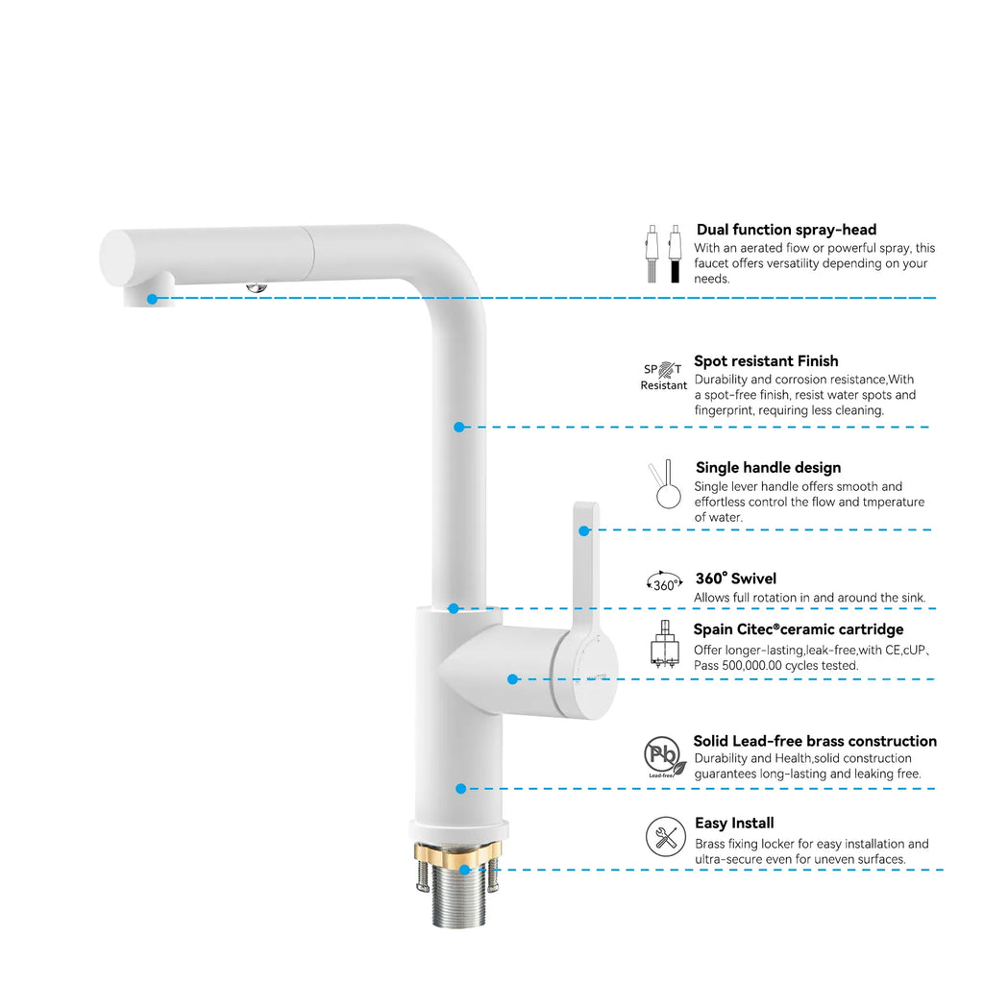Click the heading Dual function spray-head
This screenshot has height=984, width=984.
pos(786,230)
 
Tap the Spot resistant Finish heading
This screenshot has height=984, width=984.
pos(766,361)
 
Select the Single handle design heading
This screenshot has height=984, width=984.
pos(768,468)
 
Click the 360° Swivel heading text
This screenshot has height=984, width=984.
pos(735,578)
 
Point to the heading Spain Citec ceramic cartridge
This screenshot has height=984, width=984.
pos(798,629)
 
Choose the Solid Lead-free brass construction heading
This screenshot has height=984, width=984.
pos(815,741)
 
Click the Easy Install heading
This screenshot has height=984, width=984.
pos(734,824)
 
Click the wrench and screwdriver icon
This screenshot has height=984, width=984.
pos(665,837)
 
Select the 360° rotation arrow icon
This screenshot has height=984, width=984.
pos(664,582)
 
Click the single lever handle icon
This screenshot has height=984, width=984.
pos(664,484)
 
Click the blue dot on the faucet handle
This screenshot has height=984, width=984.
pos(583,529)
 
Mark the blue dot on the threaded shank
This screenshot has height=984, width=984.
pos(465,870)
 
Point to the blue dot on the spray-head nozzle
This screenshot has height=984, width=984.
pos(152,299)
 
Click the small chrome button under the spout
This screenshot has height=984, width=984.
pos(256,286)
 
